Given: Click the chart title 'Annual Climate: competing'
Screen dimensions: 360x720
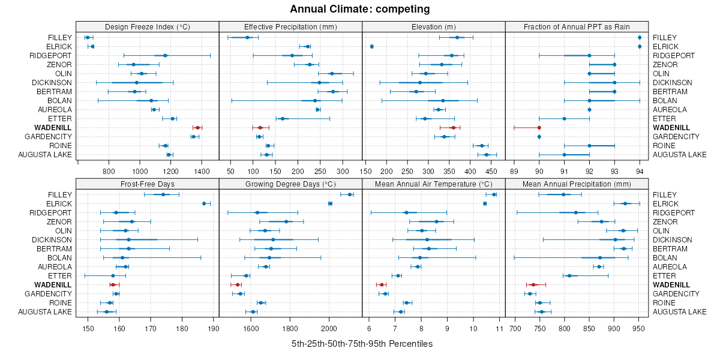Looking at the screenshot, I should tap(360, 9).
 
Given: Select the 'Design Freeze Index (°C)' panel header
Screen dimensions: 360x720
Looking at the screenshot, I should tap(147, 26).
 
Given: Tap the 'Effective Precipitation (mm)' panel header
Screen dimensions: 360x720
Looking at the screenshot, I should tap(290, 26).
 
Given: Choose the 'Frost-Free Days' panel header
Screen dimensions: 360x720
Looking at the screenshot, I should tap(147, 184).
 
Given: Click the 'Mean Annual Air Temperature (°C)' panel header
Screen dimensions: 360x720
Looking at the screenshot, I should tap(433, 184).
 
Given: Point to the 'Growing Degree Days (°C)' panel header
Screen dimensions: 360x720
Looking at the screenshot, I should tap(290, 184).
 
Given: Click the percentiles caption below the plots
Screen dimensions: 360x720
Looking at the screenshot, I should tap(362, 344).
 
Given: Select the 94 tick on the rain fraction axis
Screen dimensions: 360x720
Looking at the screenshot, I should tap(640, 171).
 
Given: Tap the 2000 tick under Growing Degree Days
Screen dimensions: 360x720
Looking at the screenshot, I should tap(329, 328).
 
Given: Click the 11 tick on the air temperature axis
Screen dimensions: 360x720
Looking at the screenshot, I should tap(499, 328).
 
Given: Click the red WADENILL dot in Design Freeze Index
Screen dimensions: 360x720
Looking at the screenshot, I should tap(197, 128).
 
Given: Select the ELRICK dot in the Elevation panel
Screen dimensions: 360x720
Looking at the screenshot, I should tap(372, 46).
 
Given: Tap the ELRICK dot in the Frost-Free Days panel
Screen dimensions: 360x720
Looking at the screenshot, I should tap(204, 203).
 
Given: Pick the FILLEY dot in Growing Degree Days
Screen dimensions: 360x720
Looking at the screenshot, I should tap(350, 194).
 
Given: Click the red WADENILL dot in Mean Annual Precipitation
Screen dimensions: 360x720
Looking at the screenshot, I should tap(533, 284).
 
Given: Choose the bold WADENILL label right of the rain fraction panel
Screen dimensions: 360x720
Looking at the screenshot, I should tap(671, 128).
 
